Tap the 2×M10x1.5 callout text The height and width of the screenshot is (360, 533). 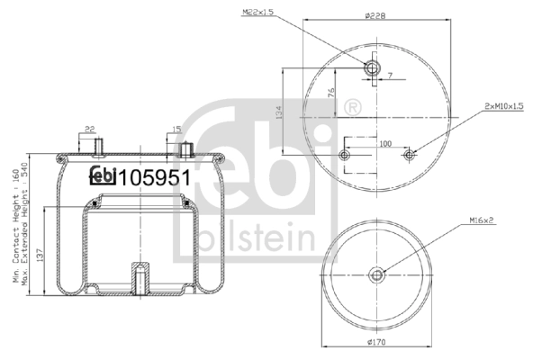[x=504, y=106]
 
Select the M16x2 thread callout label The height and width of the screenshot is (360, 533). [x=484, y=219]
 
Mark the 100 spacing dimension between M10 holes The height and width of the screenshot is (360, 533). [x=385, y=144]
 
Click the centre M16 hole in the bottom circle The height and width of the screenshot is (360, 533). [x=377, y=275]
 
